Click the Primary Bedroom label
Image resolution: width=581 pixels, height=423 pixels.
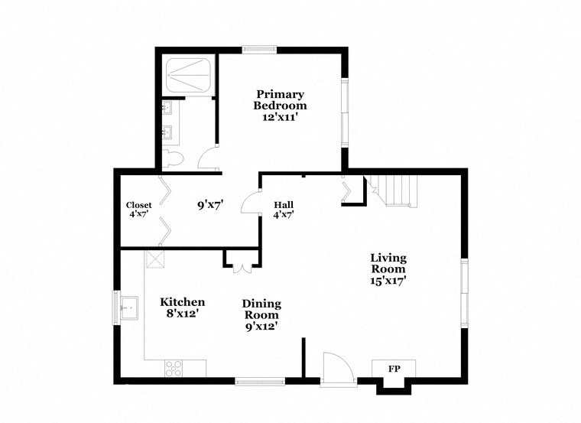click(x=280, y=100)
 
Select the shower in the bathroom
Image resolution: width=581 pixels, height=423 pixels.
click(x=187, y=73)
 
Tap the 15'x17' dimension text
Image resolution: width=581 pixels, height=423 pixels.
click(x=388, y=281)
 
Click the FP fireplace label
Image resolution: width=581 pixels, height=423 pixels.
click(x=394, y=369)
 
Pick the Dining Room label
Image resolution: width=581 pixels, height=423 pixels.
click(x=261, y=308)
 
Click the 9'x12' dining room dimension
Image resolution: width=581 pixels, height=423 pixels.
click(x=261, y=326)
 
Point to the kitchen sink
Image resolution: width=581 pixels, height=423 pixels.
click(x=127, y=309)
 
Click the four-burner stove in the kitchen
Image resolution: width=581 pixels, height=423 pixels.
click(x=175, y=368)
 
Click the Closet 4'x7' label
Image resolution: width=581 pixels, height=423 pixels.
click(x=139, y=209)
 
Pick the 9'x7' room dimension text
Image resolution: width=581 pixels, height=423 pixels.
click(x=209, y=205)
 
